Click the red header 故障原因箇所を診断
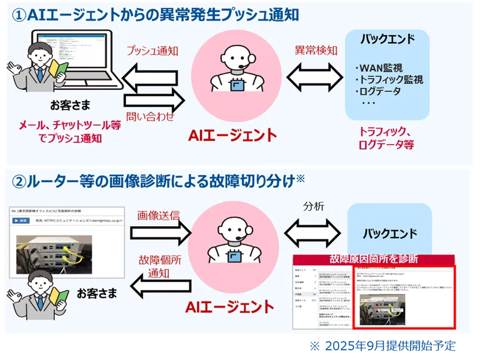(x=374, y=259)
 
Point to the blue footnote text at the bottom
(x=381, y=346)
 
